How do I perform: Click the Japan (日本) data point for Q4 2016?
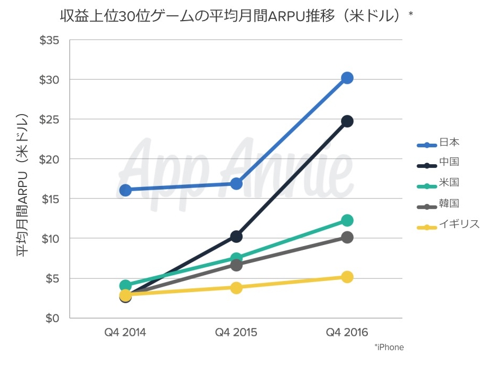[x=347, y=78]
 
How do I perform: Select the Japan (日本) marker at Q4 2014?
[x=125, y=190]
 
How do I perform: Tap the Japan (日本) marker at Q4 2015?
[x=236, y=184]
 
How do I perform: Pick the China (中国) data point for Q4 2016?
[x=347, y=121]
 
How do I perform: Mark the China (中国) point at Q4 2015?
[x=236, y=237]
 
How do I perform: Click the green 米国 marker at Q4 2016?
[x=347, y=220]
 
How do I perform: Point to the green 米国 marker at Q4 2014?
[x=125, y=286]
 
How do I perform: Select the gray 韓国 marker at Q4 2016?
[x=347, y=238]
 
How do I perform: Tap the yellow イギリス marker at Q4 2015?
[x=236, y=288]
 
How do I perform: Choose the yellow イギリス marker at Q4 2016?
[x=347, y=277]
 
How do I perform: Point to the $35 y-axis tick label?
[x=49, y=40]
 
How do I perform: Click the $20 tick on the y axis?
[x=49, y=159]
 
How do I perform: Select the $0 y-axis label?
[x=52, y=318]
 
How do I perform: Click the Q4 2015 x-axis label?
[x=236, y=332]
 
